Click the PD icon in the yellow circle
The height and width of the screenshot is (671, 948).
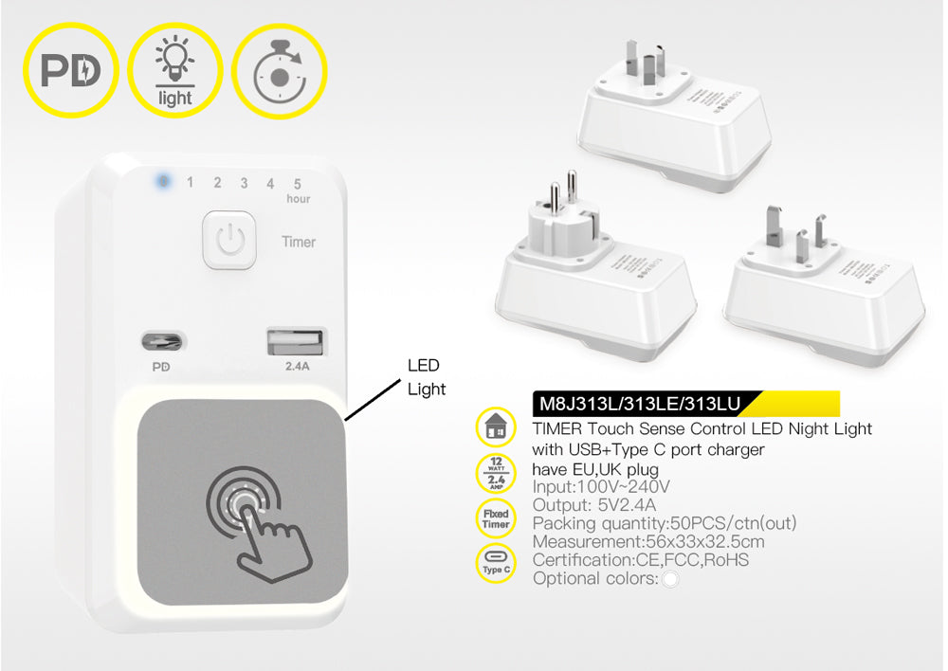(x=70, y=71)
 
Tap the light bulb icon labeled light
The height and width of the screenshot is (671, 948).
(x=174, y=71)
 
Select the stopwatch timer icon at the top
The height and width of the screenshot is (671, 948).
(x=279, y=71)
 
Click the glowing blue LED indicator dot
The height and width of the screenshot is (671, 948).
(x=163, y=180)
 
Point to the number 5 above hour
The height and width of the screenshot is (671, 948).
(x=297, y=183)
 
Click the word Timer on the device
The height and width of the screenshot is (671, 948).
(x=299, y=242)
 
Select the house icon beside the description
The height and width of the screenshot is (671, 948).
(x=496, y=428)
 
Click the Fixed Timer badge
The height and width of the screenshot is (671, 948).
(x=496, y=518)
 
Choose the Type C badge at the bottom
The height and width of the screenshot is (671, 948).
(x=496, y=563)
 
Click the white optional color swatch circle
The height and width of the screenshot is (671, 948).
(x=670, y=579)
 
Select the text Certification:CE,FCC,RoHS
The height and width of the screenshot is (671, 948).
(x=641, y=560)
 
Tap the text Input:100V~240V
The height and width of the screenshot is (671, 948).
(x=602, y=487)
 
